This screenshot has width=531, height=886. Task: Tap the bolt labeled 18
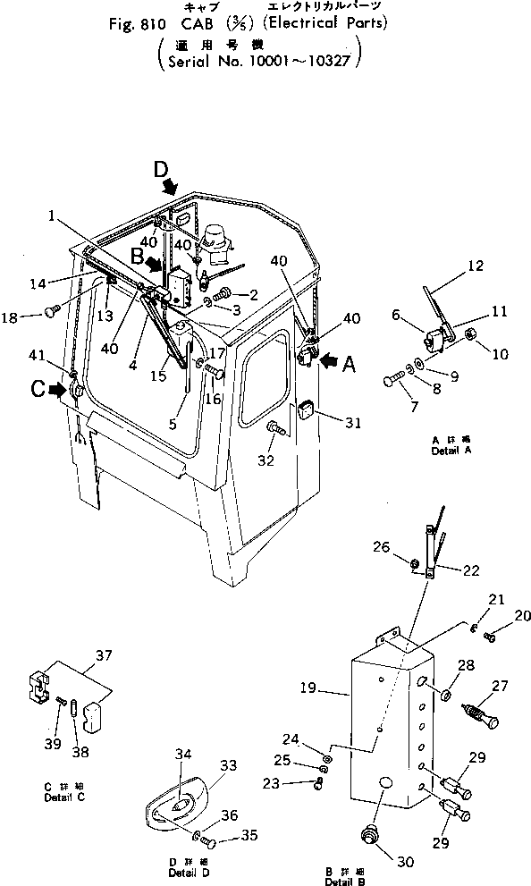[x=50, y=313]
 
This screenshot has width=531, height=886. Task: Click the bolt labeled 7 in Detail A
[x=396, y=381]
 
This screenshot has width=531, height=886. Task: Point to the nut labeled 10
[x=473, y=335]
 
